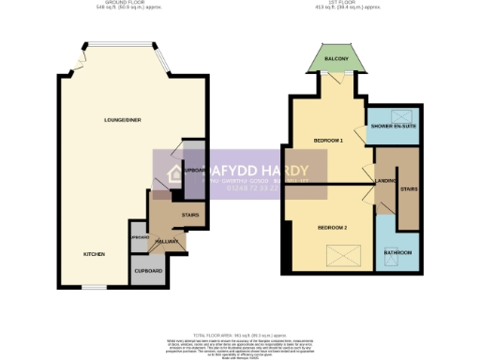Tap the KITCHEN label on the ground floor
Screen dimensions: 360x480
click(x=93, y=254)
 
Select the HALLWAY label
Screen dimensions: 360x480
click(x=168, y=242)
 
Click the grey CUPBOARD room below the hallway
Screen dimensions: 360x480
click(x=148, y=271)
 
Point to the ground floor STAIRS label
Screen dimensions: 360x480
click(x=190, y=216)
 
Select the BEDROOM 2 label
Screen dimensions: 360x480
click(x=332, y=228)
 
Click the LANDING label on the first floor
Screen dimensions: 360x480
click(x=384, y=180)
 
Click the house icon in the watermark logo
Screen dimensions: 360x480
click(x=174, y=175)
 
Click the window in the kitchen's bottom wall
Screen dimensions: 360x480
click(x=94, y=286)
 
